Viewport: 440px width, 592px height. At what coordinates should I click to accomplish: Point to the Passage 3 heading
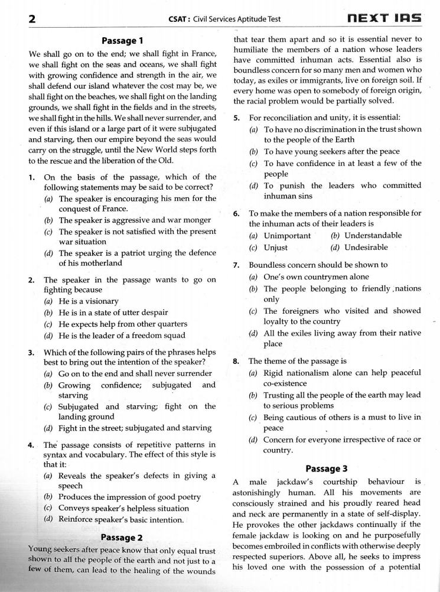[327, 469]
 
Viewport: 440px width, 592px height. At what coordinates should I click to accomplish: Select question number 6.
[236, 213]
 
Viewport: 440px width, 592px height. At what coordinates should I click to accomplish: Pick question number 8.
[236, 360]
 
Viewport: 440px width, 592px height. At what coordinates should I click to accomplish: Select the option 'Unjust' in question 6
[276, 248]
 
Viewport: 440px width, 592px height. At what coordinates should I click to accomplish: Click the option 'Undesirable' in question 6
[366, 248]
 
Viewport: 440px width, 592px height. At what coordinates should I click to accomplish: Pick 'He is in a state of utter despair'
[113, 313]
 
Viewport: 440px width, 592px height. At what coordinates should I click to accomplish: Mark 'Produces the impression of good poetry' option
[129, 497]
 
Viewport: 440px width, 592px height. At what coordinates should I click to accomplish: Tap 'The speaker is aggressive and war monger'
[130, 220]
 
